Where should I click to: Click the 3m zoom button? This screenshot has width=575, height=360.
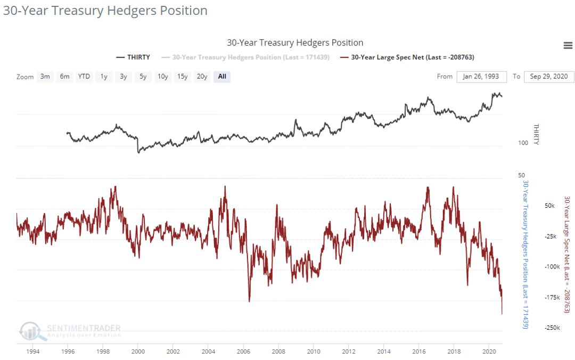(x=45, y=77)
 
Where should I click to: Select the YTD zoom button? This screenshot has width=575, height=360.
(x=84, y=77)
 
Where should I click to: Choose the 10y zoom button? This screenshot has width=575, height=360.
(x=162, y=77)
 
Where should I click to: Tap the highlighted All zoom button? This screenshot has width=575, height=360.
(x=222, y=77)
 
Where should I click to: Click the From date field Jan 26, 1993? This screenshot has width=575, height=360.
(x=481, y=77)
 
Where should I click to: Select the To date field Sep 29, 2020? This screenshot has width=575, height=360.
(x=549, y=77)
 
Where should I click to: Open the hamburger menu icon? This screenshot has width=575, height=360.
(x=568, y=46)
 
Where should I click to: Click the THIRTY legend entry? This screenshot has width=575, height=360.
(x=133, y=57)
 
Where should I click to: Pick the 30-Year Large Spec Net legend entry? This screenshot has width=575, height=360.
(x=407, y=57)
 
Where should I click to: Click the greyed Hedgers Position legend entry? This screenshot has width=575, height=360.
(x=251, y=57)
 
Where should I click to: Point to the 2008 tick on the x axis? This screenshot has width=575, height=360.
(x=278, y=351)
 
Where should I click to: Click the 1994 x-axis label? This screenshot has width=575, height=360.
(x=33, y=351)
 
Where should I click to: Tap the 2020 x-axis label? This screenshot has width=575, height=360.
(x=489, y=351)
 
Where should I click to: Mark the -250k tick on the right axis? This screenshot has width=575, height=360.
(x=552, y=328)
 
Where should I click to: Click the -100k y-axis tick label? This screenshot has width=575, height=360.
(x=552, y=267)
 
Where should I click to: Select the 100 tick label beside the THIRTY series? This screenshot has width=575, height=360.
(x=523, y=143)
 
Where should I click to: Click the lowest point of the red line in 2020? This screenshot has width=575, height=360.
(x=502, y=314)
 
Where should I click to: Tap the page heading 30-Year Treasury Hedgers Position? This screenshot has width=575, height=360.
(x=105, y=11)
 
